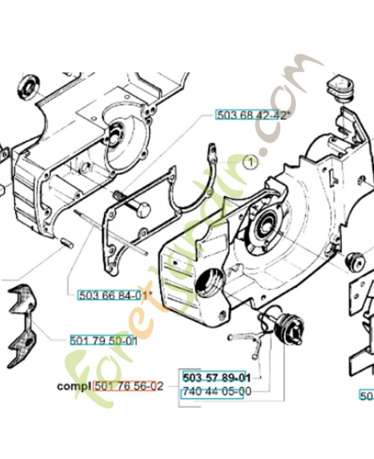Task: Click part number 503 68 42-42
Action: (251, 115)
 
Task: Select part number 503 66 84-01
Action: (109, 295)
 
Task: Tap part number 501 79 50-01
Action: (103, 340)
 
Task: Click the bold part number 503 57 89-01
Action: (216, 378)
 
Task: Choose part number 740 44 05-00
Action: (216, 393)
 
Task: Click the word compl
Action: (74, 386)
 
